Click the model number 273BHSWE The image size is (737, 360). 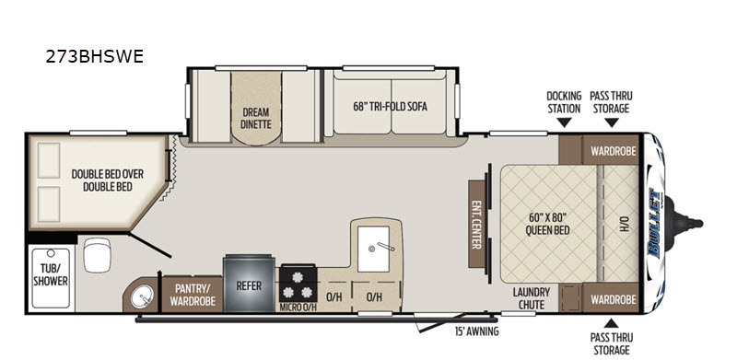pyautogui.click(x=95, y=56)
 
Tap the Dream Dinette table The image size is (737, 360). pyautogui.click(x=256, y=108)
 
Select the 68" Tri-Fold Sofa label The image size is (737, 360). pyautogui.click(x=390, y=106)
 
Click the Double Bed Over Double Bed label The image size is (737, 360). pyautogui.click(x=107, y=180)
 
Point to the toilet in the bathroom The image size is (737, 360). pyautogui.click(x=97, y=254)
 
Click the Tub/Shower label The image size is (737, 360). pyautogui.click(x=51, y=274)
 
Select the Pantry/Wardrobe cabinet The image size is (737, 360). pyautogui.click(x=193, y=295)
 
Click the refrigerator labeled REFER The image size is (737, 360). pyautogui.click(x=249, y=284)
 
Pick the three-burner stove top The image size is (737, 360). pyautogui.click(x=298, y=285)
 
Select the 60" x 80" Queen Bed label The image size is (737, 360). pyautogui.click(x=547, y=224)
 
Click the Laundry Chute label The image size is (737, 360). pyautogui.click(x=532, y=298)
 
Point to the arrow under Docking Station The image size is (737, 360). pyautogui.click(x=564, y=122)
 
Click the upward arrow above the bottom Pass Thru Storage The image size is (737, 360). pyautogui.click(x=611, y=323)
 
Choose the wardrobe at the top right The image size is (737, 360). pyautogui.click(x=611, y=151)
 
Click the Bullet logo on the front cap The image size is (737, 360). pyautogui.click(x=654, y=222)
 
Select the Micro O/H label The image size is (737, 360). pyautogui.click(x=298, y=308)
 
